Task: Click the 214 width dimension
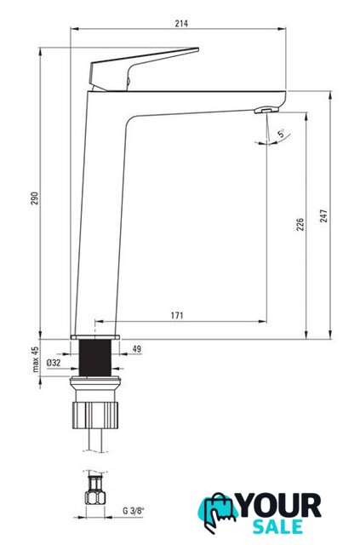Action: click(181, 23)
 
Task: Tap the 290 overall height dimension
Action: click(35, 198)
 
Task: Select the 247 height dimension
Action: click(323, 215)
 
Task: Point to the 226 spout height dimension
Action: click(300, 224)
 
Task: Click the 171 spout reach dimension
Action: click(177, 316)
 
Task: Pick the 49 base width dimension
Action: click(137, 348)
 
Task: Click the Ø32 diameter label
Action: click(54, 363)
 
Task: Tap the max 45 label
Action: click(36, 359)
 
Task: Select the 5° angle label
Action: click(281, 133)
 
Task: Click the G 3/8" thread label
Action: click(133, 511)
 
